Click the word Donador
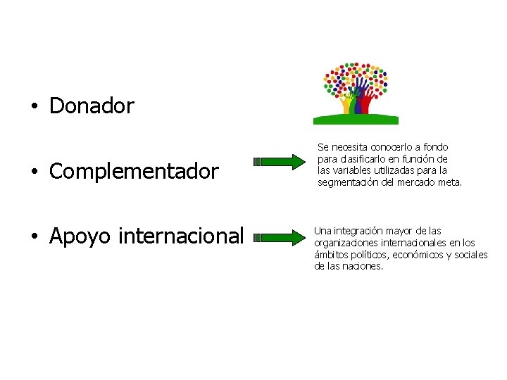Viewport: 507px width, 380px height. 92,106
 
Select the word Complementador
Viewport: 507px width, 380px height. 134,171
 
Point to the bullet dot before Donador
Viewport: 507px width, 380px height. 33,107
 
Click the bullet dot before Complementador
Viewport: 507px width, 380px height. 33,172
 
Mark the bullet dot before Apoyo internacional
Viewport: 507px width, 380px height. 33,236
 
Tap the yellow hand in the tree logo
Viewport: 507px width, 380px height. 346,103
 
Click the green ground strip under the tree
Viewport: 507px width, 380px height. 356,119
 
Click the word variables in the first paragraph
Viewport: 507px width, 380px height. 355,170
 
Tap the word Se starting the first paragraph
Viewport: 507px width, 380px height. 323,147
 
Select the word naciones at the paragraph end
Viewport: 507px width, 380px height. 363,267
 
